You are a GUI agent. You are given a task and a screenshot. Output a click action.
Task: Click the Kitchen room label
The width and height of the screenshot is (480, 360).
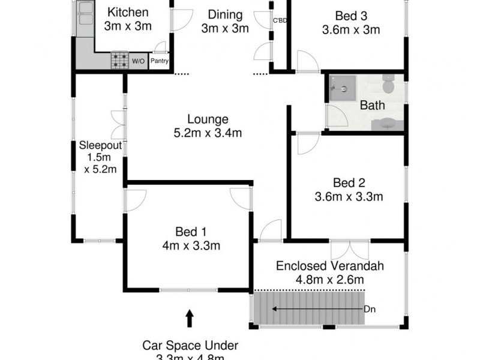click(x=127, y=12)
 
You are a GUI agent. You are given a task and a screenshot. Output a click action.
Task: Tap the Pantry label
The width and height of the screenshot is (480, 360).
click(x=160, y=61)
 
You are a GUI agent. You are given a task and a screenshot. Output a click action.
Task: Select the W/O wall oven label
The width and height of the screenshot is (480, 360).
click(x=138, y=61)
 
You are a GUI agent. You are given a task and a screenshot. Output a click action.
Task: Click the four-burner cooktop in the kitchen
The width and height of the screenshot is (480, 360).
click(x=119, y=60)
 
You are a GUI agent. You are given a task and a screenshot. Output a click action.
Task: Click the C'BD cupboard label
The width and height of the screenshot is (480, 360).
click(x=280, y=21)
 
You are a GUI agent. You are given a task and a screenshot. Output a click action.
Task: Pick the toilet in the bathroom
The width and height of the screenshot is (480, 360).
click(x=388, y=86)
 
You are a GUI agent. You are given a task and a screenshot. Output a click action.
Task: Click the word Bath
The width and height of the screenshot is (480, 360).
click(x=372, y=106)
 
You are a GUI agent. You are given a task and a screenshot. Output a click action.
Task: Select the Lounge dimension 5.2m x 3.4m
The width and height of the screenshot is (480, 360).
click(x=207, y=133)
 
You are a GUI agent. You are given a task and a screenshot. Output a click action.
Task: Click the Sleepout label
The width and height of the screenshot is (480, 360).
click(x=101, y=145)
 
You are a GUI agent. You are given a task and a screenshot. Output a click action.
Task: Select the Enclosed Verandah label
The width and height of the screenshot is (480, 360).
click(x=329, y=266)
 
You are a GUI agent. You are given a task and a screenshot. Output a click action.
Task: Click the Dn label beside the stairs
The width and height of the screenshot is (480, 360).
click(x=371, y=310)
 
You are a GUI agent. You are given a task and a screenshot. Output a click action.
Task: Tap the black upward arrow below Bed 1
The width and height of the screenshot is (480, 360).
click(x=190, y=317)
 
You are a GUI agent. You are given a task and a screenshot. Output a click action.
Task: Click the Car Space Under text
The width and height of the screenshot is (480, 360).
click(x=190, y=345)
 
